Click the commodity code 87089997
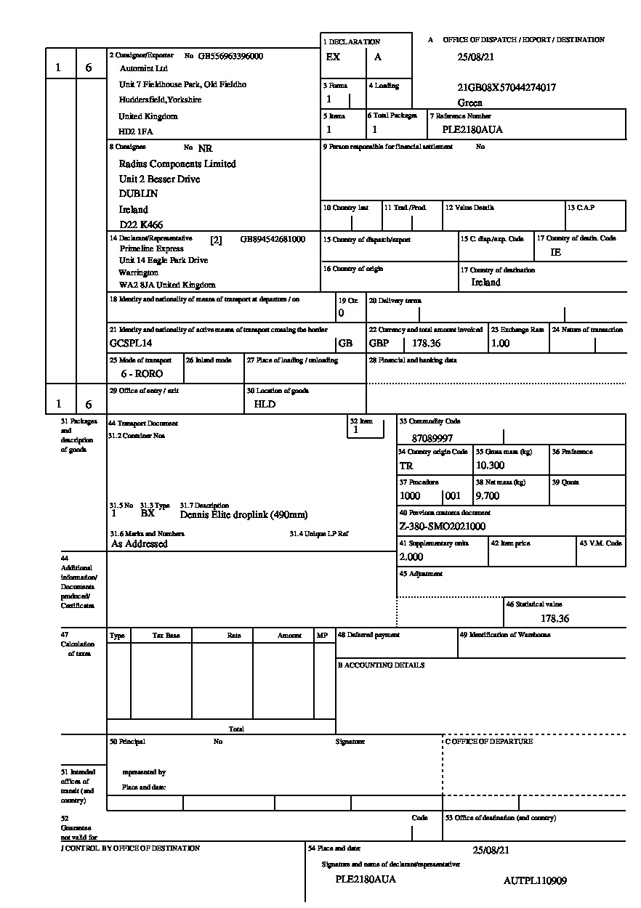pos(432,439)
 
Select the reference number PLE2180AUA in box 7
pos(472,130)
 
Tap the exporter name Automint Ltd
pos(144,68)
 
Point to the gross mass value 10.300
pos(490,466)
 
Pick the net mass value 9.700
pos(488,496)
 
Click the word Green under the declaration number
pos(470,103)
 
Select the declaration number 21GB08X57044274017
pos(507,87)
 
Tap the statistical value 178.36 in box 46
pos(555,619)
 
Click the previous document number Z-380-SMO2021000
pos(443,527)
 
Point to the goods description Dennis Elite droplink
pos(243,515)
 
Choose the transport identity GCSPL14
pos(131,343)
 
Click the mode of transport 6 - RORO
pos(142,374)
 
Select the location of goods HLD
pos(265,404)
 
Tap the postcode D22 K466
pos(141,224)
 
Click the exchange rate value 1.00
pos(500,344)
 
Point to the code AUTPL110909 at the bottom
pos(535,881)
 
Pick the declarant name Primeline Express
pos(152,248)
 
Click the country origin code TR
pos(406,466)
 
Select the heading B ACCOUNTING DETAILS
pos(381,665)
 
